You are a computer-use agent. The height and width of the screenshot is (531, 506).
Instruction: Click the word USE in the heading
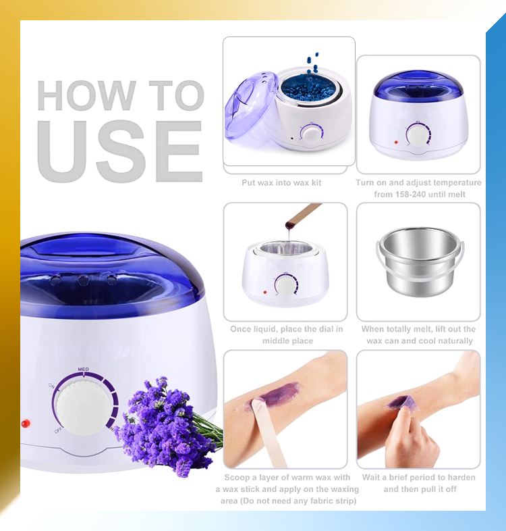pos(120,151)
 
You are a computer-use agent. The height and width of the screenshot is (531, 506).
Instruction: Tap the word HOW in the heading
pos(86,95)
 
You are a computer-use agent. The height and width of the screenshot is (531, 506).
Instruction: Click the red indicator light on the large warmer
pos(26,424)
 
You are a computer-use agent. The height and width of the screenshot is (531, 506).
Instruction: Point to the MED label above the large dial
pos(83,369)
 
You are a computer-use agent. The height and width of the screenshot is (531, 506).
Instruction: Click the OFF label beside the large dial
pos(58,431)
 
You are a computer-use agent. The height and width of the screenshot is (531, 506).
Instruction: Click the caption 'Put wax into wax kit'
pos(281,183)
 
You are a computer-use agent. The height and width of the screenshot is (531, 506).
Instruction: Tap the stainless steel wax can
pos(420,261)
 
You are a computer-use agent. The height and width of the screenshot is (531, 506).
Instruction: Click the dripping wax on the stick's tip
pos(290,224)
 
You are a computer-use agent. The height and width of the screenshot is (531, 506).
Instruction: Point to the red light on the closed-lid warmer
pos(396,143)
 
